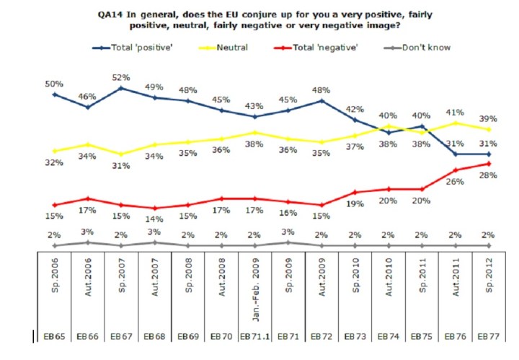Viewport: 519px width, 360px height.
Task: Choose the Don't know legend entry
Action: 426,48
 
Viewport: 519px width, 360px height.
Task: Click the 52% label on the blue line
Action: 121,77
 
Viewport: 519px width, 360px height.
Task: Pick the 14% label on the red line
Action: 155,219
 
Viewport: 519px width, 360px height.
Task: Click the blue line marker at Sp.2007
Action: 121,88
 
